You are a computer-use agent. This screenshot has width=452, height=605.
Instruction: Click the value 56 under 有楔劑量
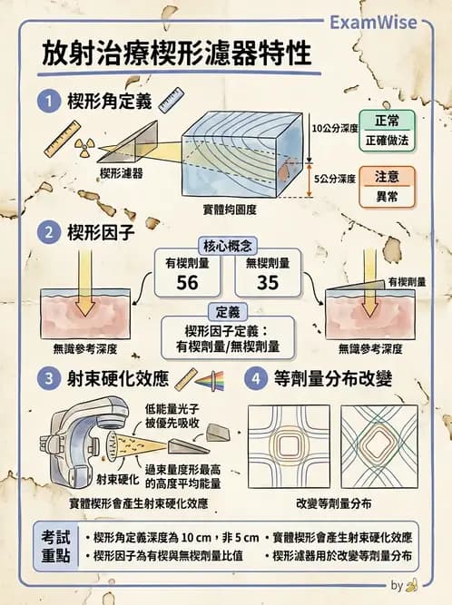(x=187, y=284)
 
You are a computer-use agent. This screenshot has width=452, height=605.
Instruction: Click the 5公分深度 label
(x=332, y=179)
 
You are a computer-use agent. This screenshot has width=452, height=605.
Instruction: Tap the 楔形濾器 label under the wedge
(x=123, y=171)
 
